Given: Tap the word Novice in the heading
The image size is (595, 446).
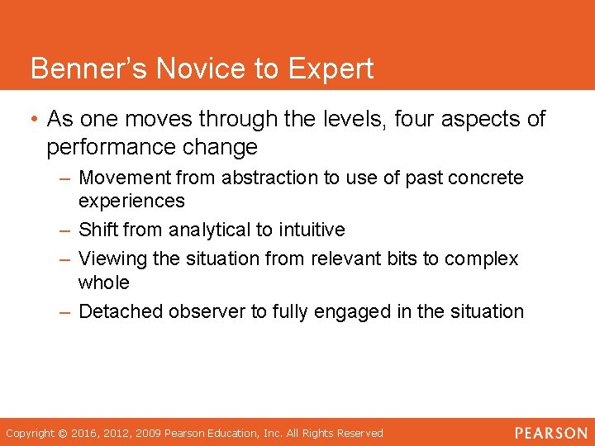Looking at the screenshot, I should [181, 69].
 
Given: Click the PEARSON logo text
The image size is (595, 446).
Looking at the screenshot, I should [550, 433].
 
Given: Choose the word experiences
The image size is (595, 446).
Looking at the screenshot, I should [131, 201].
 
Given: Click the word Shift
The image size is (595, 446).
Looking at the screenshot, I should [97, 230].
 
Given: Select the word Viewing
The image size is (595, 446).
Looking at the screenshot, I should [112, 259].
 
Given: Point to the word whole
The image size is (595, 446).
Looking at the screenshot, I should [104, 282].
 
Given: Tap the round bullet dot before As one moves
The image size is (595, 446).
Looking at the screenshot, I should [32, 120].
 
